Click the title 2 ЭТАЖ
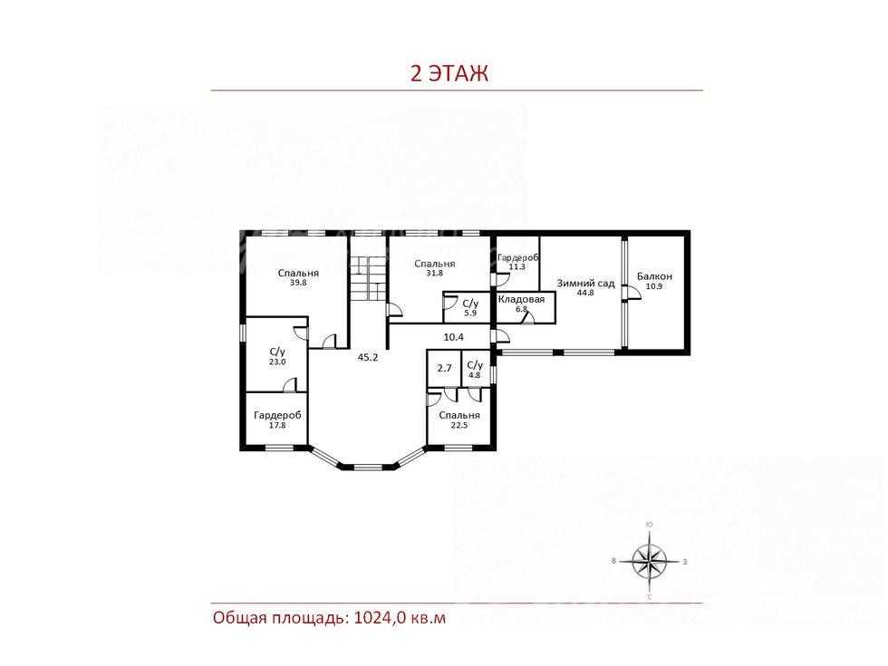tap(449, 73)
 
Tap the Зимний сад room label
tap(585, 283)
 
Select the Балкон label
tap(654, 276)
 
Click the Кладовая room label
tap(521, 299)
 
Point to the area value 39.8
tap(298, 282)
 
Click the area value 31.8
tap(434, 273)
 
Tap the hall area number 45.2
tap(368, 357)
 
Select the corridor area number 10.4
tap(454, 337)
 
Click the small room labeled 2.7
tap(445, 368)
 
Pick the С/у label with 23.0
tap(277, 352)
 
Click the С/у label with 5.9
tap(470, 304)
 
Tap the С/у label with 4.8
tap(475, 365)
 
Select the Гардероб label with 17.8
tap(277, 415)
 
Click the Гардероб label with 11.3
tap(517, 257)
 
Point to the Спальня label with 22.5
tap(459, 415)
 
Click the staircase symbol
tap(368, 279)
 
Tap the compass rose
tap(650, 561)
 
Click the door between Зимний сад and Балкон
tap(631, 292)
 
